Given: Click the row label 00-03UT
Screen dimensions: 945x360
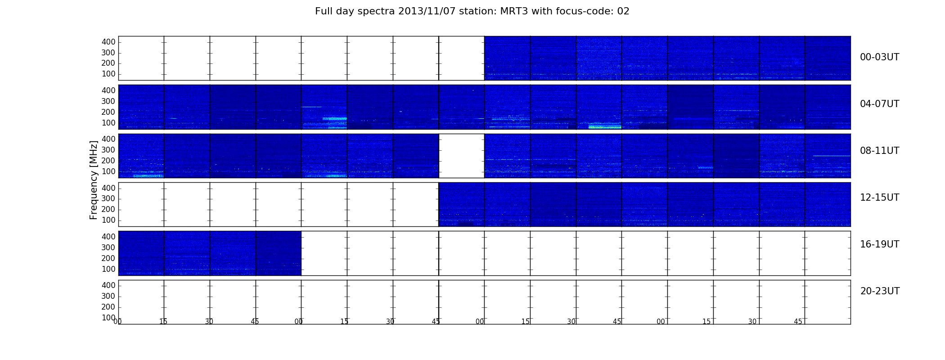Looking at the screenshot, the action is (879, 57).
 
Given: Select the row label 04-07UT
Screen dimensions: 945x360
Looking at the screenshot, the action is (879, 104).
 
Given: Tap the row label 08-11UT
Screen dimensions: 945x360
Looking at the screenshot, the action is (879, 151).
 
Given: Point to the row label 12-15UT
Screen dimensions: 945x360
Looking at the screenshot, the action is (879, 198).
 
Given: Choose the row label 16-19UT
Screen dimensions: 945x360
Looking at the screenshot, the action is (879, 244).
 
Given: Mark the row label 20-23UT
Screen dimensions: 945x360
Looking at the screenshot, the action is (880, 291).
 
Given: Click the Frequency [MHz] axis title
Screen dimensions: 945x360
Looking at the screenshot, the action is (94, 180).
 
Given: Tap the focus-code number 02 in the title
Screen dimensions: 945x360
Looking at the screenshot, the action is (623, 11).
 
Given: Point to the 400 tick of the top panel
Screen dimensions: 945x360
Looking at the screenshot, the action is (108, 42).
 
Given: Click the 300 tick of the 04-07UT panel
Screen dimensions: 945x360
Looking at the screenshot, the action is (108, 101).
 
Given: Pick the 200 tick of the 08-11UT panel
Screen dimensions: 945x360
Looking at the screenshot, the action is (108, 161).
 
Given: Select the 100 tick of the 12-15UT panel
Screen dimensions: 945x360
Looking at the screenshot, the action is (108, 220).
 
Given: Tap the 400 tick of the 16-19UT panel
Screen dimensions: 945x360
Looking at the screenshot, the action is (108, 237).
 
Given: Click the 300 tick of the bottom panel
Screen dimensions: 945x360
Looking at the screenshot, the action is (108, 296).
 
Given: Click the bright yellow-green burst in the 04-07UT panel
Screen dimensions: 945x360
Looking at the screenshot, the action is (605, 127).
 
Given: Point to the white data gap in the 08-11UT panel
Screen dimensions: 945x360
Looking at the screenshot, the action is (461, 156).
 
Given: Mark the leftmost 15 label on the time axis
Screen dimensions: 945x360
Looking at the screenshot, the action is (163, 322).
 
